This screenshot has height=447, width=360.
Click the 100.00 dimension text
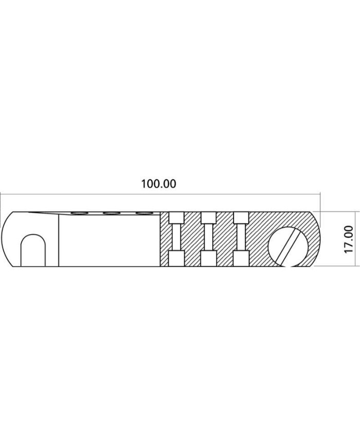[159, 184]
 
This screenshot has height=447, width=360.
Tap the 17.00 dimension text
[349, 239]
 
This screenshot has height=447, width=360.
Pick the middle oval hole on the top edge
[111, 213]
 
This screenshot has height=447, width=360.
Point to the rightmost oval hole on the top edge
[143, 213]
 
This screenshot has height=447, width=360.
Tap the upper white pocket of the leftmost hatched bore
[176, 218]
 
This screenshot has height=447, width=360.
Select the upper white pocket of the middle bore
[208, 218]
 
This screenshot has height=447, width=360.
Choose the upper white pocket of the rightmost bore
[241, 218]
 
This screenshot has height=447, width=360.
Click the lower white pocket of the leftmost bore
[176, 259]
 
